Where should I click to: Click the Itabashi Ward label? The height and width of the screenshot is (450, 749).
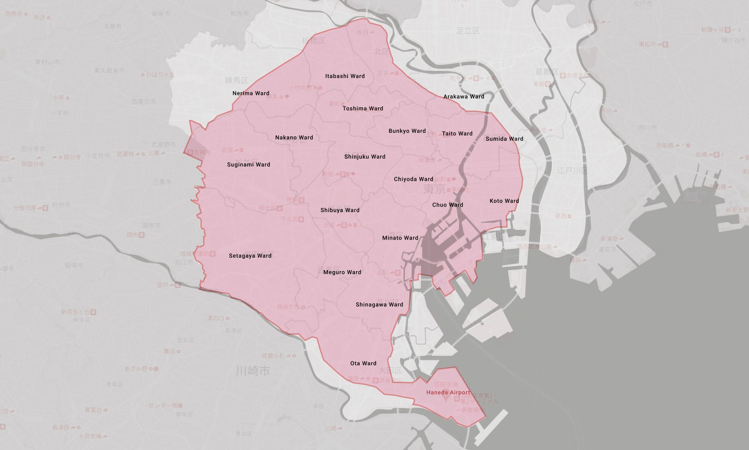[x=345, y=76]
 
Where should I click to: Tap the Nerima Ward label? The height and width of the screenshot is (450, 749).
[x=251, y=93]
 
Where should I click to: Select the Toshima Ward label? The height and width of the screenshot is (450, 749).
[x=363, y=109]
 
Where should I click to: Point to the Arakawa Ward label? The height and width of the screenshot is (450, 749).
[x=464, y=97]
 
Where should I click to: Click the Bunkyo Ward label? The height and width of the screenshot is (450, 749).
[x=407, y=131]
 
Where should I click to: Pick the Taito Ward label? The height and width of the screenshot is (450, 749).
[x=457, y=133]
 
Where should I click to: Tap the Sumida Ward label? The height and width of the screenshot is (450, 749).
[x=504, y=139]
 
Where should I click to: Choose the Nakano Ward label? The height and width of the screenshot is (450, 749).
[x=294, y=138]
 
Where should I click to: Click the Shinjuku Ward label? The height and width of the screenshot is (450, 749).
[x=365, y=157]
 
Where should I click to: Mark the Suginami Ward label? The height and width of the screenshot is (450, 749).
[x=248, y=165]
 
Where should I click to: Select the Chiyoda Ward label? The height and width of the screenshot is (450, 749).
[x=413, y=179]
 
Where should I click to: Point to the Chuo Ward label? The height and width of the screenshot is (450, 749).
[x=448, y=205]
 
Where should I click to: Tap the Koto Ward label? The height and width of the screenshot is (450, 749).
[x=504, y=201]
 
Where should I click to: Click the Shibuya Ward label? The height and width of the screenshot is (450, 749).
[x=340, y=210]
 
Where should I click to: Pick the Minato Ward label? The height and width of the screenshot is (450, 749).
[x=400, y=238]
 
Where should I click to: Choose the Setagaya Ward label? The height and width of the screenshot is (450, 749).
[x=250, y=256]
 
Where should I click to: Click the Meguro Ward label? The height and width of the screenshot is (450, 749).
[x=342, y=273]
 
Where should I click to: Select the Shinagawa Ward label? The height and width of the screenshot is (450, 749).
[x=379, y=305]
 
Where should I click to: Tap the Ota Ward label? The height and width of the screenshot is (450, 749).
[x=363, y=363]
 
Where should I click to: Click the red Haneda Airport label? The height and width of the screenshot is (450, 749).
[x=448, y=393]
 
